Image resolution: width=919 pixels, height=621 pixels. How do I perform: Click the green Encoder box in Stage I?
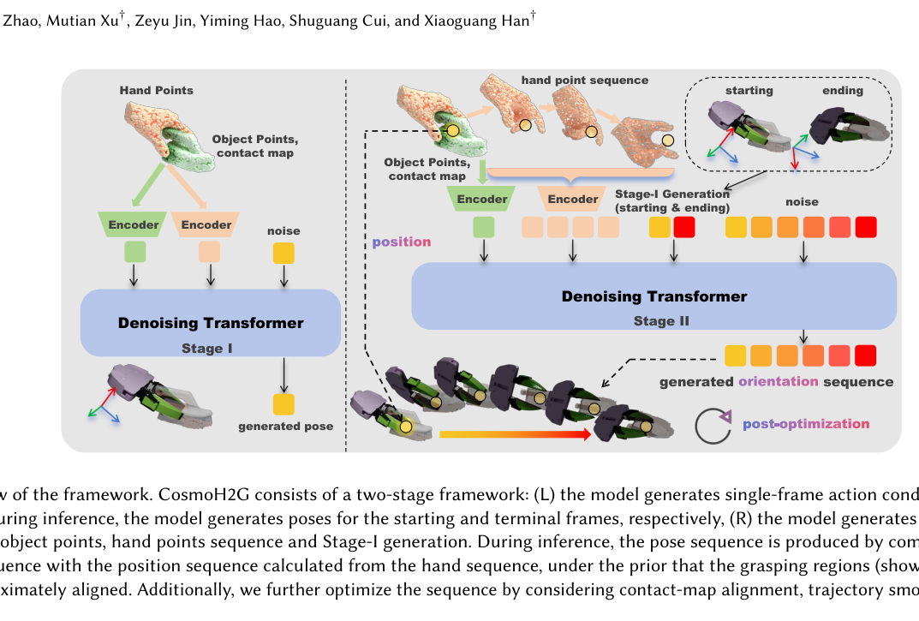[133, 224]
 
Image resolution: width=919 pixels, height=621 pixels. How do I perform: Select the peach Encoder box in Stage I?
[206, 224]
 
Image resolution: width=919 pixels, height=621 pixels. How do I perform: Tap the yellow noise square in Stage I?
[283, 254]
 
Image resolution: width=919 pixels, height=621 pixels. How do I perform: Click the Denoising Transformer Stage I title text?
[211, 323]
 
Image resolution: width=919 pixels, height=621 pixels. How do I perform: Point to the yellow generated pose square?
[283, 404]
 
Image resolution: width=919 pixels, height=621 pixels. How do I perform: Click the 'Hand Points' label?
[157, 90]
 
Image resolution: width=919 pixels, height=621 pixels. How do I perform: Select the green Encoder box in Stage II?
[482, 199]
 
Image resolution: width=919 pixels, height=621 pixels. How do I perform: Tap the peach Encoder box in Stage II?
[573, 199]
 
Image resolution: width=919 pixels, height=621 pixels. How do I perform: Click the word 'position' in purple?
[402, 242]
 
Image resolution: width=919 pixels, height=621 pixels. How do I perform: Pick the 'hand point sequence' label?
[585, 81]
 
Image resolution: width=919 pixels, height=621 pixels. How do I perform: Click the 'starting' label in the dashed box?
[749, 90]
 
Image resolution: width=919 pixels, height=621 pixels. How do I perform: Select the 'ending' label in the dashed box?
[843, 90]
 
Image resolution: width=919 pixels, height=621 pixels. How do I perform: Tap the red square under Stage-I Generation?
[684, 227]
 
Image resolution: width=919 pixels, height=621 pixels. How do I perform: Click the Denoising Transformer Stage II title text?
[654, 296]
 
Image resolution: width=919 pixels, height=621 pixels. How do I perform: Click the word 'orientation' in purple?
[779, 381]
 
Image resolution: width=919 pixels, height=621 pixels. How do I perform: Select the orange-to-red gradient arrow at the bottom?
[516, 434]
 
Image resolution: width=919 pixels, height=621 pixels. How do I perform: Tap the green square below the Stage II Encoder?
[484, 227]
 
